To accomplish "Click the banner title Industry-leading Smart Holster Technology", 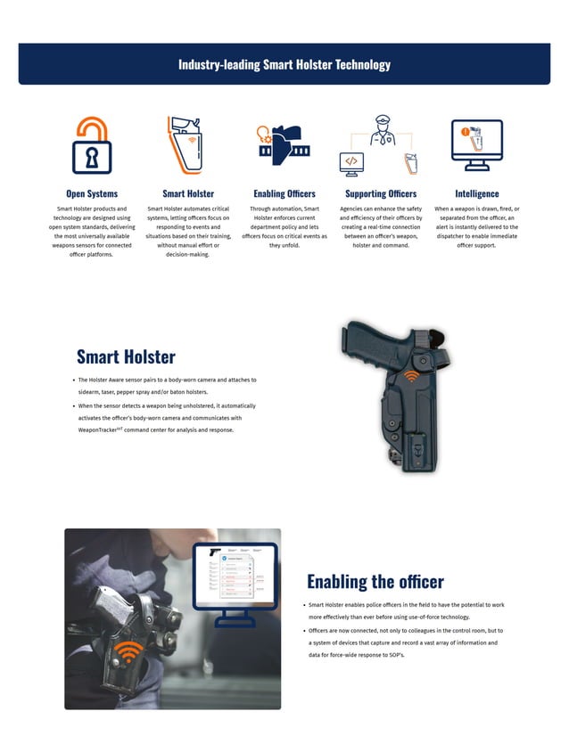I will pos(284,64).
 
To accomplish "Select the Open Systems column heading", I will pos(92,193).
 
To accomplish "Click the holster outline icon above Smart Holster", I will pos(187,143).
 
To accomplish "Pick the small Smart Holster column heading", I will pos(188,193).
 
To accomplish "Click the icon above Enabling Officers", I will pos(283,143).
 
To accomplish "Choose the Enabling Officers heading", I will pos(284,193).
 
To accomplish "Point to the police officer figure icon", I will pos(381,133).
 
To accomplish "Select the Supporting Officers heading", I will pos(381,193).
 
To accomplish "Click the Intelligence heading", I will pos(477,193).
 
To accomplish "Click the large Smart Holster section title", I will pos(126,357).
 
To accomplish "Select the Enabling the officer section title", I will pos(375,582).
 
